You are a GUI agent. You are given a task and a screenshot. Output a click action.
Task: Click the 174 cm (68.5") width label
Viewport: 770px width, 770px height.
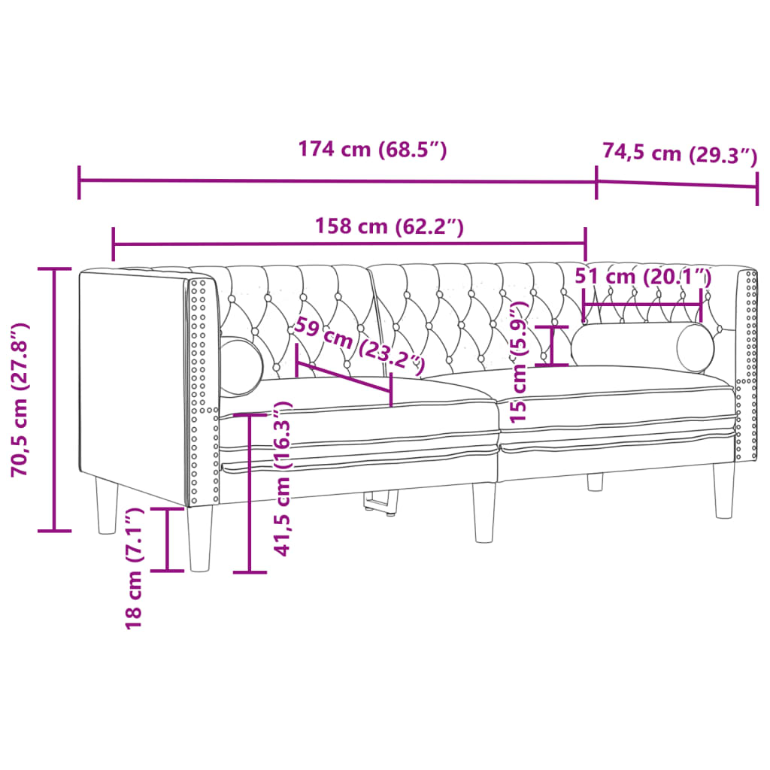[373, 150]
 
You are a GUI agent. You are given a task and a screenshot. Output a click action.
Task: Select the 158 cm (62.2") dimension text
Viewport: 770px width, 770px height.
[388, 226]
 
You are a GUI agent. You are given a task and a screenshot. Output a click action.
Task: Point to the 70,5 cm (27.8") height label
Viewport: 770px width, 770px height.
[20, 399]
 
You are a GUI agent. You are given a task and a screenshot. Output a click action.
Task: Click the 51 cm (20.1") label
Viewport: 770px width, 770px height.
[643, 276]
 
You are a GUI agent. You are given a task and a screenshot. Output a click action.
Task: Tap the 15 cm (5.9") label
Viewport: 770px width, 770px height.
[518, 361]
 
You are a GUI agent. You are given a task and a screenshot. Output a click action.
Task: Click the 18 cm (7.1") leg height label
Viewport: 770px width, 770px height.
[134, 568]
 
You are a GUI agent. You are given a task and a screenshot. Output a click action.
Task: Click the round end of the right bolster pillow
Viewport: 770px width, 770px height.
[695, 347]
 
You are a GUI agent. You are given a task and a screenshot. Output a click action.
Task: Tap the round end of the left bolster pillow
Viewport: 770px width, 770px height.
[241, 366]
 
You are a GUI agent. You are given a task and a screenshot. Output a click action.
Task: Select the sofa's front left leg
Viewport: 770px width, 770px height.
[200, 538]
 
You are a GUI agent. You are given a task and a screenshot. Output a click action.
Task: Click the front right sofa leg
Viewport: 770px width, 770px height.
[725, 490]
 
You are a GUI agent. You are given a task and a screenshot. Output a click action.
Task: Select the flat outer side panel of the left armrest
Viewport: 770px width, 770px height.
[132, 383]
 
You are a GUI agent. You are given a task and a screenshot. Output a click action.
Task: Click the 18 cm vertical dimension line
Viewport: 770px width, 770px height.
[167, 538]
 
